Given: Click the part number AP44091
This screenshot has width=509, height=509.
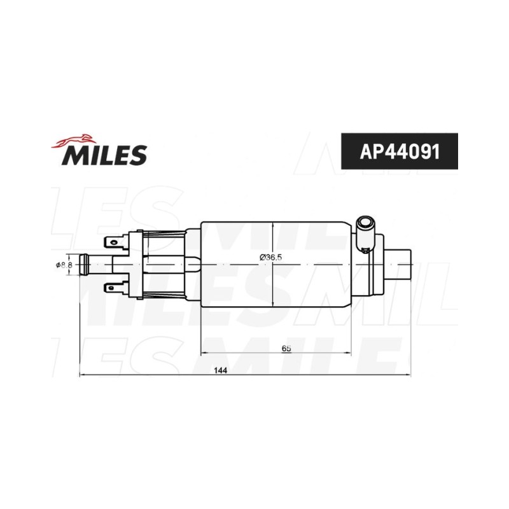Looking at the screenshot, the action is (400, 151).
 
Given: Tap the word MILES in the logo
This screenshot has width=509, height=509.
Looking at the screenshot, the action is (104, 155).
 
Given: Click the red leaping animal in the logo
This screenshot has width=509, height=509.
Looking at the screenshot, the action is (74, 141).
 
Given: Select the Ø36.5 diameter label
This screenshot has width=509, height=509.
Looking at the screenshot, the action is (271, 258).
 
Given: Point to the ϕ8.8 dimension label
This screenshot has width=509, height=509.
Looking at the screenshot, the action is (64, 265).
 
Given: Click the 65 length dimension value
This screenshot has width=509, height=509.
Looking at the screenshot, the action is (286, 349).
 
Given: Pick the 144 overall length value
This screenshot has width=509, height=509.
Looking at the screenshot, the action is (220, 370).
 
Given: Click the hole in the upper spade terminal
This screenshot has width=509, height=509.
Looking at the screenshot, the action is (113, 242).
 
